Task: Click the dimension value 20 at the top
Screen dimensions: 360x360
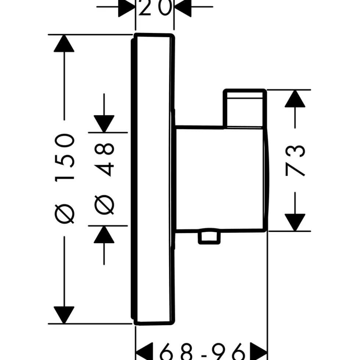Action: coord(155,8)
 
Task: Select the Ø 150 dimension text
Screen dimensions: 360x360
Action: coord(65,178)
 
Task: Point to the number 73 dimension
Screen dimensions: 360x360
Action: coord(295,160)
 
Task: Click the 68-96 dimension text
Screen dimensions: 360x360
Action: coord(202,352)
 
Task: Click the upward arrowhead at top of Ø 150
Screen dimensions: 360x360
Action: coord(64,43)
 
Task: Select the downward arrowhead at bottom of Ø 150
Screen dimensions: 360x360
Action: coord(64,315)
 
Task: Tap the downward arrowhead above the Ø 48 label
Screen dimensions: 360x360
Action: coord(104,124)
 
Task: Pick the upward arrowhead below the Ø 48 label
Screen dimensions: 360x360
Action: coord(104,234)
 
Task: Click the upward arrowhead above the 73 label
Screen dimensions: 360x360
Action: coord(295,98)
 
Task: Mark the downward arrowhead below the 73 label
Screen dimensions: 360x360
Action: coord(295,222)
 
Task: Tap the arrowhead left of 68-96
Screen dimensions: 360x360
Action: coord(145,352)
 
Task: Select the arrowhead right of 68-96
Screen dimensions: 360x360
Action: coord(258,352)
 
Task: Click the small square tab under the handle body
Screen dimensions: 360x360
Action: coord(209,237)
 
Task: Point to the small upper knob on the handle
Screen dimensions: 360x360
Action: coord(245,108)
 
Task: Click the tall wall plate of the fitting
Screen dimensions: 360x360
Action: coord(153,179)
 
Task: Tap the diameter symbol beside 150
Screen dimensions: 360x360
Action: coord(65,214)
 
